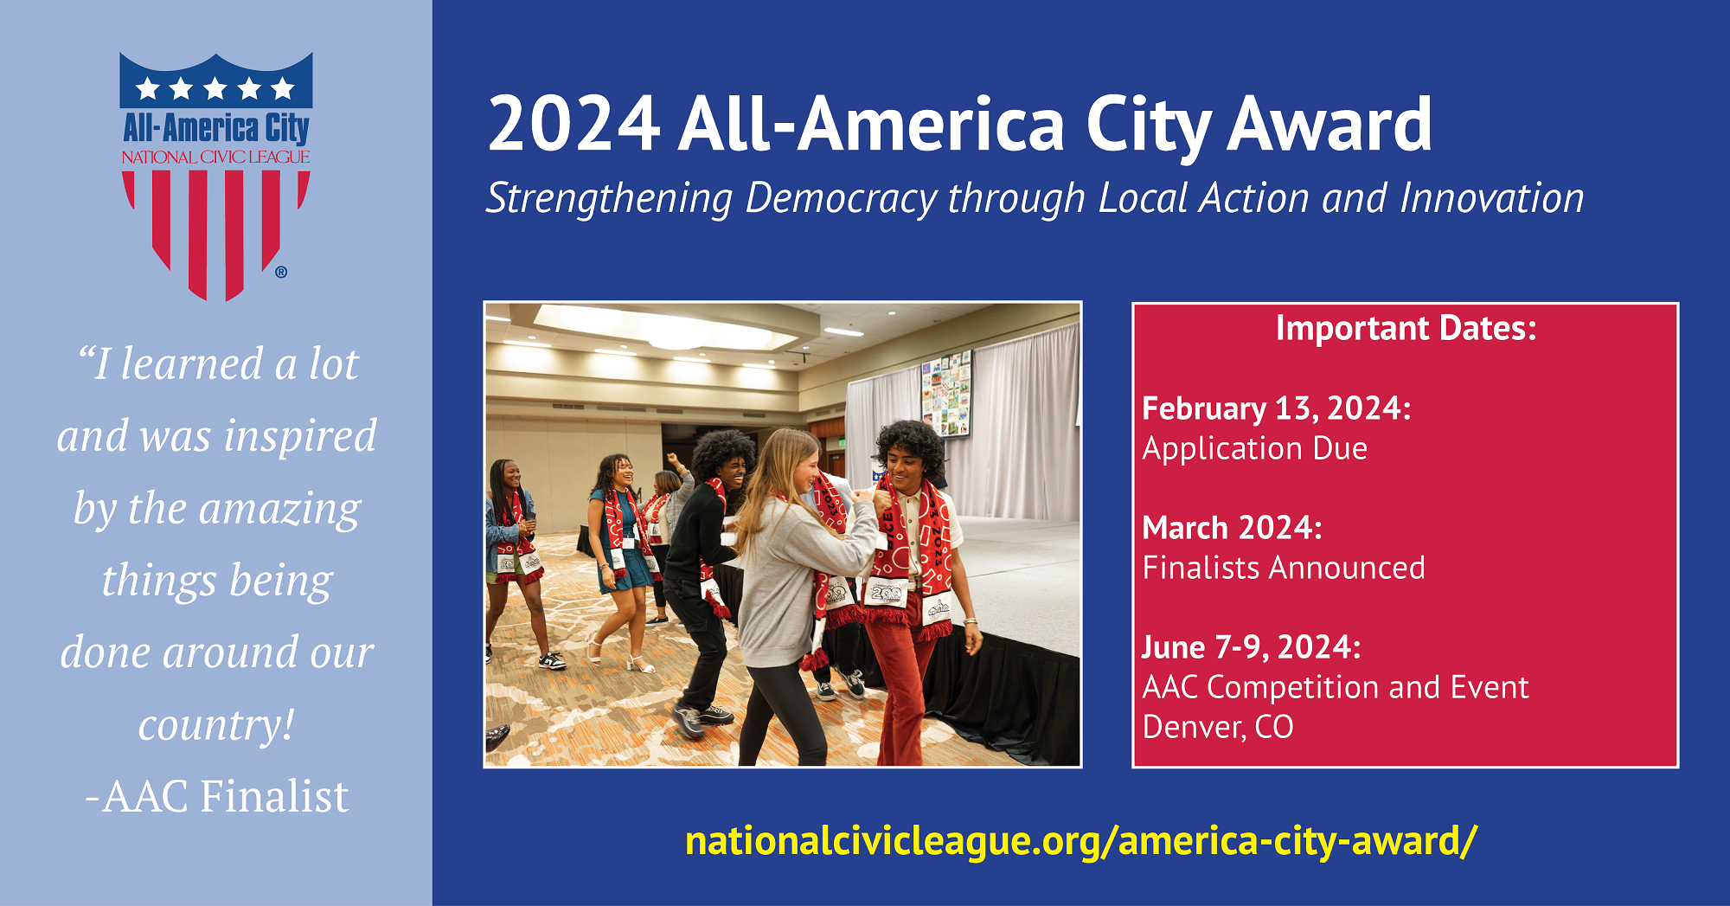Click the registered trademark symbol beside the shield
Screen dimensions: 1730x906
281,273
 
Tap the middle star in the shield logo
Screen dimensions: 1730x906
215,88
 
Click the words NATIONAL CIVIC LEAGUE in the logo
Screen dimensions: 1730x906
215,157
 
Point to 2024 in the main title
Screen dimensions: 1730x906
574,125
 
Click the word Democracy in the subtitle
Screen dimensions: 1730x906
841,199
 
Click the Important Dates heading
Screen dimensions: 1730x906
1406,328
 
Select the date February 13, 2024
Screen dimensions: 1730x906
1277,408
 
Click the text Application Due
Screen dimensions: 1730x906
1255,448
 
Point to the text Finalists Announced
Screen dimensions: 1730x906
1284,568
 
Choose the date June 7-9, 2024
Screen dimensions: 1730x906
1252,647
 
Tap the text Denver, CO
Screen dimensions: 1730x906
1218,727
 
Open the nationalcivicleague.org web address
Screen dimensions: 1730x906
1081,841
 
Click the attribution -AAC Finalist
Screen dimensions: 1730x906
217,796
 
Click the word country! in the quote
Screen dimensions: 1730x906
217,725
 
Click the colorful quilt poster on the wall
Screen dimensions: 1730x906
945,395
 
